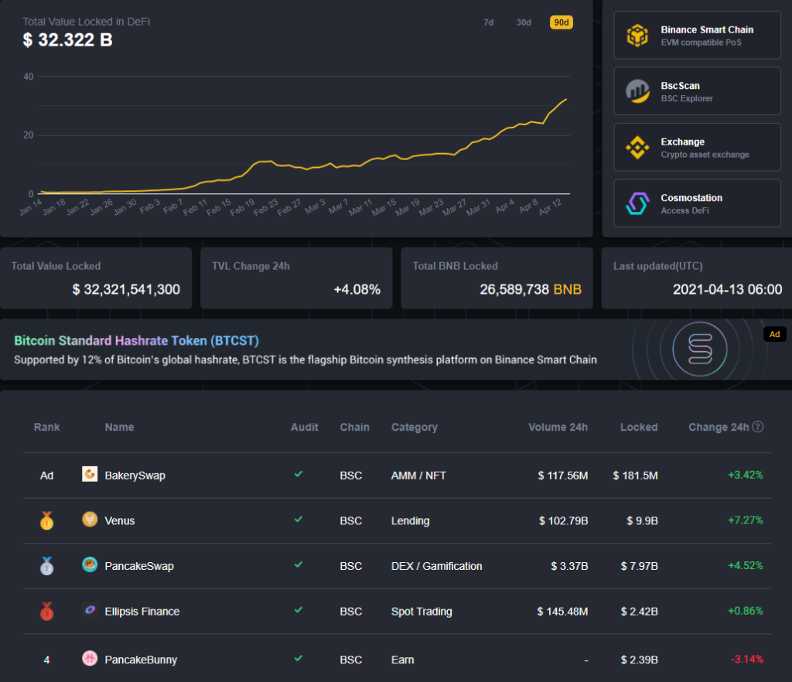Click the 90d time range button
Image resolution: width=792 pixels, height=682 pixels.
561,22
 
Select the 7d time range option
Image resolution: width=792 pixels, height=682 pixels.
489,22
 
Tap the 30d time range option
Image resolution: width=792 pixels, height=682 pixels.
524,22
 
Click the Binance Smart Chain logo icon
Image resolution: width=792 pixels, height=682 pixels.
637,36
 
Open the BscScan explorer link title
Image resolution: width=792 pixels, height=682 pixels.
680,86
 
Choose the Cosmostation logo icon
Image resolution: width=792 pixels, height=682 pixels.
637,203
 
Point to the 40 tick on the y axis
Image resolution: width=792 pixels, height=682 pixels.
29,77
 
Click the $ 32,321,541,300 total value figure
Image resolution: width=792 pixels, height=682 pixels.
126,290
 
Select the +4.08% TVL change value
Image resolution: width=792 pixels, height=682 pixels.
357,290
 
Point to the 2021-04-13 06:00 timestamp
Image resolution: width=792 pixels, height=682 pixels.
727,290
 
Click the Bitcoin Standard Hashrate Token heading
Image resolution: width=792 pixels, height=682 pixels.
136,341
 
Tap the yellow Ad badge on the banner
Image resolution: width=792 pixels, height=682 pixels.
773,334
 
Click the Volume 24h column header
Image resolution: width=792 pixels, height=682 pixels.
558,427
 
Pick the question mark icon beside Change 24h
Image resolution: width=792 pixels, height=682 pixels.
758,427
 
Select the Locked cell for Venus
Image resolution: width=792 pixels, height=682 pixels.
642,520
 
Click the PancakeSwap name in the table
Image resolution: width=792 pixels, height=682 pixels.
139,566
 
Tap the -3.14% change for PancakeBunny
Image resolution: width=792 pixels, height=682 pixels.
746,660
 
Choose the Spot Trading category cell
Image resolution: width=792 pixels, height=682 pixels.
422,612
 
